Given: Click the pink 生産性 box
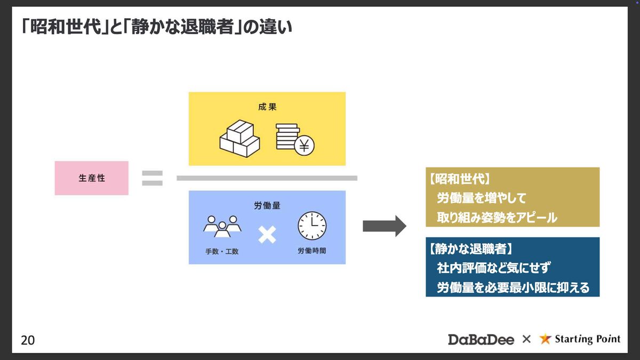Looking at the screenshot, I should pos(92,178).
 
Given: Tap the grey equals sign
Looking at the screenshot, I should pos(152,178).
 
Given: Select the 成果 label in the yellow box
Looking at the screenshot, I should pos(267,107).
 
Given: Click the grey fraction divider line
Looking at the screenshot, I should pos(267,178).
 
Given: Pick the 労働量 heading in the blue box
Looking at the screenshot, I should pos(267,204).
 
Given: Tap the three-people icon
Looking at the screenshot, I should pos(222,226).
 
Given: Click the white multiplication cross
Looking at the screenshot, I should pos(267,234).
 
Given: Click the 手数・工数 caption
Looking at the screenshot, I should pos(222,251).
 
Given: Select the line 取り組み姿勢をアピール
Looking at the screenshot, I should pos(497,217).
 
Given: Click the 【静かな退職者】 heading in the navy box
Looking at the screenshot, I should pos(470,249).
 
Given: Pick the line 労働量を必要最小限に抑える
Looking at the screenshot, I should pos(513,287).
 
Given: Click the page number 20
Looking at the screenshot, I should pos(28,340).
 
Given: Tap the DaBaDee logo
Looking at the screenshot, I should pos(481,339).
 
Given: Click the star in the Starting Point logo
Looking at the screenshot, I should pos(545,339).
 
